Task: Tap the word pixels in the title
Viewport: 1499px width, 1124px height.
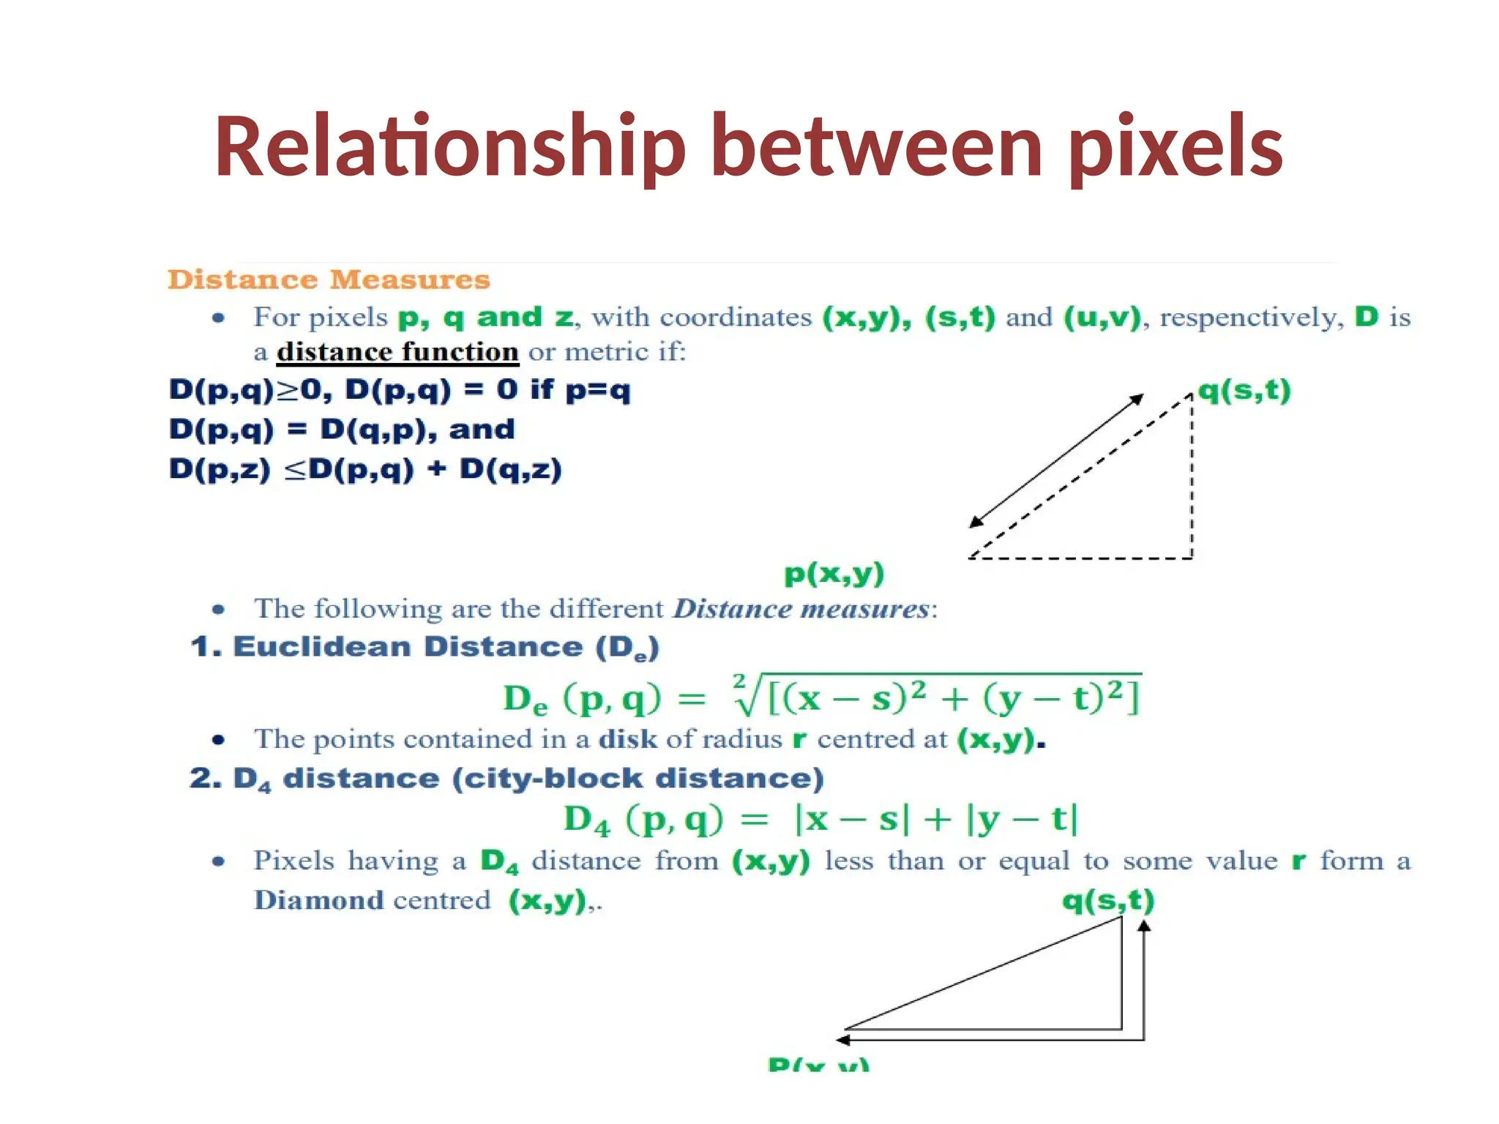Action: (1175, 146)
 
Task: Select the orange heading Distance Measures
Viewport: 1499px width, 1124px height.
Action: (329, 280)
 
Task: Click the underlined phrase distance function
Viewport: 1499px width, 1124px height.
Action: (397, 352)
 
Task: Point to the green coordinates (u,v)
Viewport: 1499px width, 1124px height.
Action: (1102, 317)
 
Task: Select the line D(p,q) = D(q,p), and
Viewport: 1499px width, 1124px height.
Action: (342, 430)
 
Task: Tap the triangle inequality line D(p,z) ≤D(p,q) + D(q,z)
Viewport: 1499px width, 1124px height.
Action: (365, 469)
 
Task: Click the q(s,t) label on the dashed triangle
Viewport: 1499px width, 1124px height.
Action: (1244, 390)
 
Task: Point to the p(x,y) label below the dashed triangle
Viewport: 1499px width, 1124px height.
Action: (834, 573)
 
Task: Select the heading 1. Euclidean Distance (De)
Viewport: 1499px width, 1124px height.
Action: (425, 648)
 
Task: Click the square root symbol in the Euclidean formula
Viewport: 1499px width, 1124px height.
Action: (747, 695)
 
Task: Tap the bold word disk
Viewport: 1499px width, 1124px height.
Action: (628, 739)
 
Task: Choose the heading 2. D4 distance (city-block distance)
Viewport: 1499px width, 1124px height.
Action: (506, 779)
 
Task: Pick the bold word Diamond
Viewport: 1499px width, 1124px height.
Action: (318, 900)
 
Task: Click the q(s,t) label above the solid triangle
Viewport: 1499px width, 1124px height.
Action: (1108, 900)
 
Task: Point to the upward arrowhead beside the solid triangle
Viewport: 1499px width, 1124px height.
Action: (1145, 926)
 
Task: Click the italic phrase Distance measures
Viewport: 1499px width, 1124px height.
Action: (801, 609)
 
